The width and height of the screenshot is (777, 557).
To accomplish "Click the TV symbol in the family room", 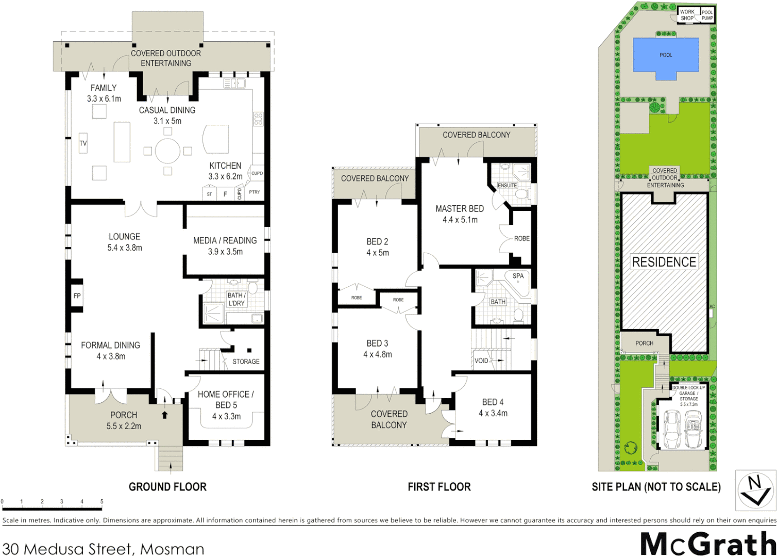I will coord(83,143).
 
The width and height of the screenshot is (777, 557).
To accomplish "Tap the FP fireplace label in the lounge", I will coord(77,296).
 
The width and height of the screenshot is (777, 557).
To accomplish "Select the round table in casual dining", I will coord(167,151).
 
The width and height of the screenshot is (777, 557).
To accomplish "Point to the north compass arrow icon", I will coord(755,490).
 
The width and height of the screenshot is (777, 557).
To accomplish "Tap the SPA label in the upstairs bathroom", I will coord(518,276).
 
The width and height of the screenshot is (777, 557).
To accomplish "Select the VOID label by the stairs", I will coord(481,361).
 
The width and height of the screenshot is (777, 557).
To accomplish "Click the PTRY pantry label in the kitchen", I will coord(255,192).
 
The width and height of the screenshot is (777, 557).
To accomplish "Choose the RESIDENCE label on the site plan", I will coord(664,262).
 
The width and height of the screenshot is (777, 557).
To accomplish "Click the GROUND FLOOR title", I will coord(167,487).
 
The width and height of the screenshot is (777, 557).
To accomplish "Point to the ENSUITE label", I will coord(507,185).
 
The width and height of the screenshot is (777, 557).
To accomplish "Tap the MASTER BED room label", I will coord(460,209).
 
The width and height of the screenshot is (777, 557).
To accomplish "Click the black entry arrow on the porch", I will coord(165,415).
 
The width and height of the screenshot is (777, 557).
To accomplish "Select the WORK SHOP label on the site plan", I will coord(687,15).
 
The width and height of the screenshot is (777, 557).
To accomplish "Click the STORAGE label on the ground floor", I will coord(246,362).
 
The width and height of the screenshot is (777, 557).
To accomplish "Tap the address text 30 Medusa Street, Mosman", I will coord(103,549).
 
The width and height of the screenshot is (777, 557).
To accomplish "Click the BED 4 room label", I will coord(493,402).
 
